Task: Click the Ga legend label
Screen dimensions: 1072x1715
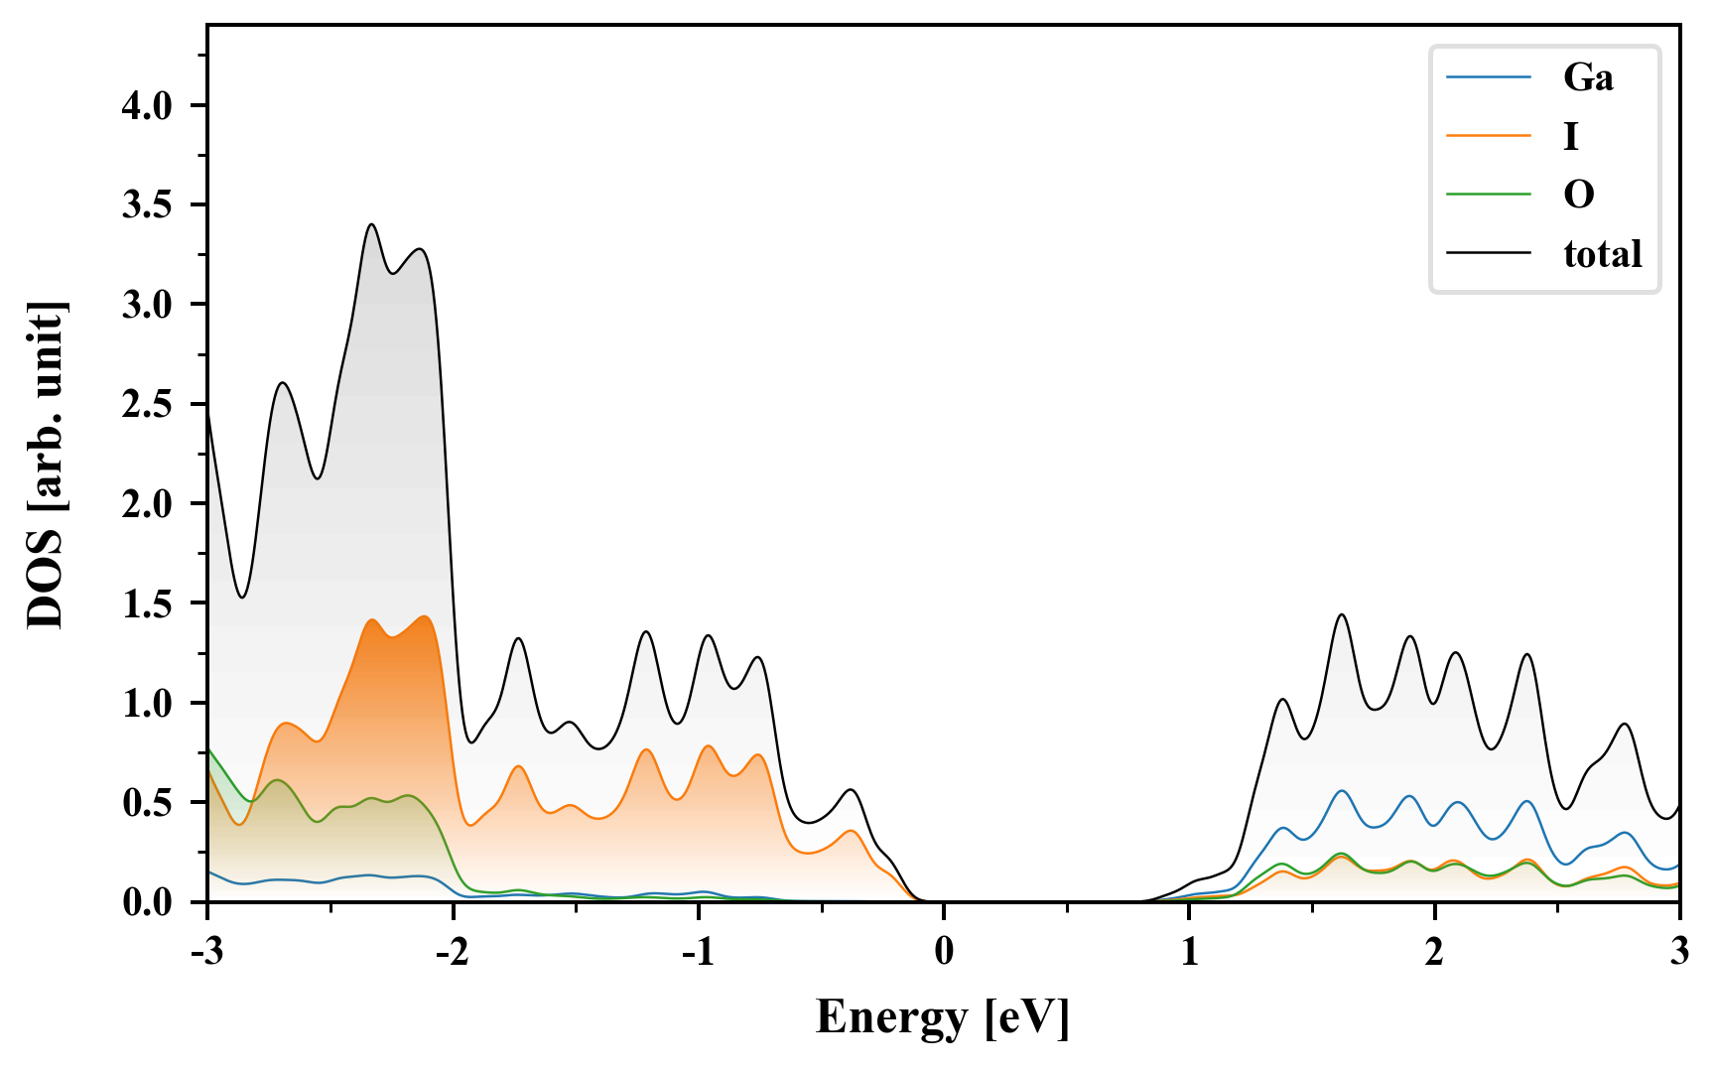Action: tap(1588, 77)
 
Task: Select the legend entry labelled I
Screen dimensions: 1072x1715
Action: tap(1570, 136)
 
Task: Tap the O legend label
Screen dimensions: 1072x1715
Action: tap(1579, 195)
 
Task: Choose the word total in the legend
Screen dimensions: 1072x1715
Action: tap(1602, 254)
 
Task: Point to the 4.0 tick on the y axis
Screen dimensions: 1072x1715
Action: tap(147, 106)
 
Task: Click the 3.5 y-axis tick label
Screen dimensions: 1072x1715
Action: tap(147, 205)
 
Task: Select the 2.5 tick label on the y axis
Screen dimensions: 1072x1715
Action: tap(147, 405)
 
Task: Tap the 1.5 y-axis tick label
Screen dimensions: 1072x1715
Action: tap(147, 603)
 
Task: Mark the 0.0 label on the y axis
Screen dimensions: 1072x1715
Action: tap(147, 902)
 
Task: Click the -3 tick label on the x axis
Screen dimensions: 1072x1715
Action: tap(206, 952)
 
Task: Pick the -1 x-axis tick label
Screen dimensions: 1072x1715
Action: tap(698, 952)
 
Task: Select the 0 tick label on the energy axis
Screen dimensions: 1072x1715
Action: tap(944, 952)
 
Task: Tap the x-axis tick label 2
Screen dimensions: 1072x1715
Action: tap(1434, 952)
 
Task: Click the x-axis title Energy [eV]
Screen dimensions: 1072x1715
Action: tap(943, 1017)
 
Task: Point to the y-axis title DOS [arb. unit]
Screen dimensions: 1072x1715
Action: tap(46, 465)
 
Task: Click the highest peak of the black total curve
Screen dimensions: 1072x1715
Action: tap(372, 224)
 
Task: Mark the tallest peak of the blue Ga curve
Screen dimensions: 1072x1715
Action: tap(1342, 790)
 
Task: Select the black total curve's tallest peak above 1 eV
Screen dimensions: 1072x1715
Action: tap(1342, 614)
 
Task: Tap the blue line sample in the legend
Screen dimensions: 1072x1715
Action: tap(1488, 77)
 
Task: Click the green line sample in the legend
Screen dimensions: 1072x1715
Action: tap(1488, 195)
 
